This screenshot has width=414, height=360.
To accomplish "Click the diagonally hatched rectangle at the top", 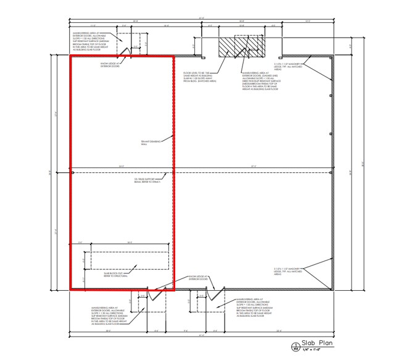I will point(239,44).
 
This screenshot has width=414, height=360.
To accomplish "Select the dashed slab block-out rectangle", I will point(130,259).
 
